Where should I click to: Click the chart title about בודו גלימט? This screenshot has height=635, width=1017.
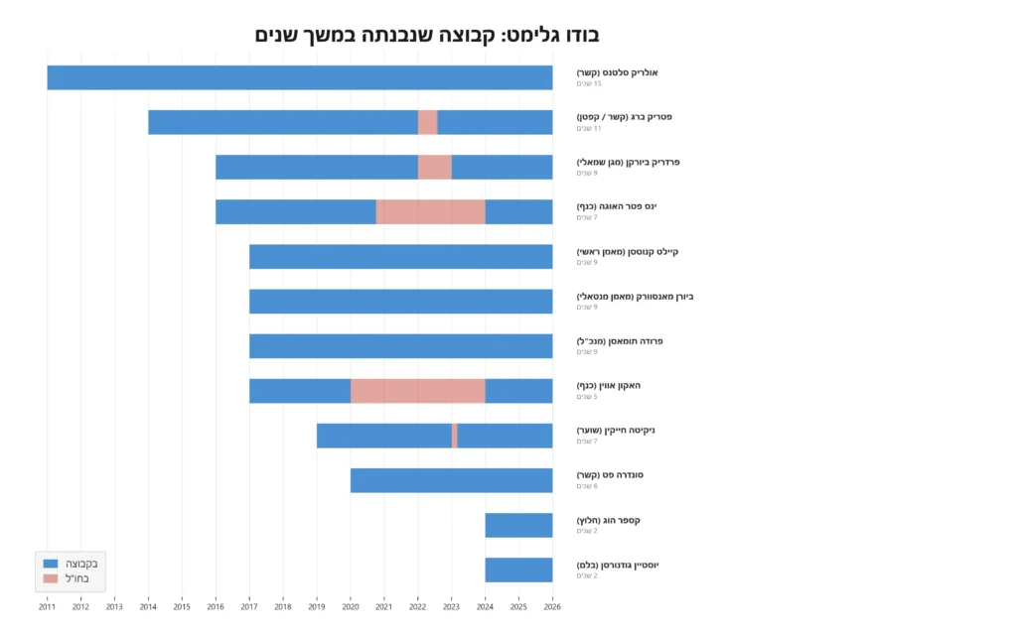click(x=427, y=35)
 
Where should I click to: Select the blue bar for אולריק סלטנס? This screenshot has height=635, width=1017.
click(x=299, y=77)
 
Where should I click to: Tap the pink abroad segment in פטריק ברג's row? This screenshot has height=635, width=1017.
click(x=427, y=122)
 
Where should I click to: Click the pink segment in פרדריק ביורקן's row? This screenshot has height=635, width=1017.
click(x=434, y=167)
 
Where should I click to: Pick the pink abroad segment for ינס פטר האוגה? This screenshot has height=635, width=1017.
click(x=430, y=211)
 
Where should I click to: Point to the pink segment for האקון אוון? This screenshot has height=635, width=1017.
click(x=417, y=391)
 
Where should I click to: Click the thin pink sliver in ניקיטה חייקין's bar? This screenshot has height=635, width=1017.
click(x=454, y=436)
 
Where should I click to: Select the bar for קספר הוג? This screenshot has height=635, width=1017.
click(x=518, y=525)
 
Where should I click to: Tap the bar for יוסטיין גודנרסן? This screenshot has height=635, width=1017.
click(x=518, y=570)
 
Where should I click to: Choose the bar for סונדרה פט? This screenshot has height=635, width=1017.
click(x=451, y=480)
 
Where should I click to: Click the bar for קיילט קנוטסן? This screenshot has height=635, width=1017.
click(x=400, y=256)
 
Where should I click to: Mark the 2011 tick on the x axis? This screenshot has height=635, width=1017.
click(x=47, y=606)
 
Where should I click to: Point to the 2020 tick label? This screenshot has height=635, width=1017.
click(x=351, y=606)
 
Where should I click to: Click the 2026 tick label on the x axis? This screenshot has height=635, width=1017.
click(x=552, y=606)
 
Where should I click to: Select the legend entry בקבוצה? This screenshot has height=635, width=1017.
click(x=80, y=564)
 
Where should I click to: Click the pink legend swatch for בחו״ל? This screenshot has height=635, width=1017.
click(x=52, y=578)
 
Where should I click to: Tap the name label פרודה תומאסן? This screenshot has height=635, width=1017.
click(x=620, y=341)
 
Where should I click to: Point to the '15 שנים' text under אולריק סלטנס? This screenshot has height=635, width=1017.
click(x=590, y=83)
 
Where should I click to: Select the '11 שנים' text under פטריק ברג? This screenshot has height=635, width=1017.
click(x=590, y=128)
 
